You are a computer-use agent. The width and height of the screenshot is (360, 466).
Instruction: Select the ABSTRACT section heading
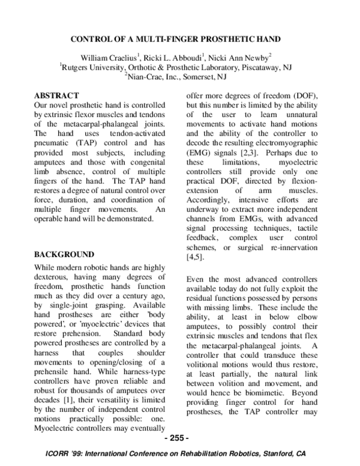(56, 95)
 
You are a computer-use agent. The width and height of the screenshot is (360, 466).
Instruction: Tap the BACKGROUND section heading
(65, 255)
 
